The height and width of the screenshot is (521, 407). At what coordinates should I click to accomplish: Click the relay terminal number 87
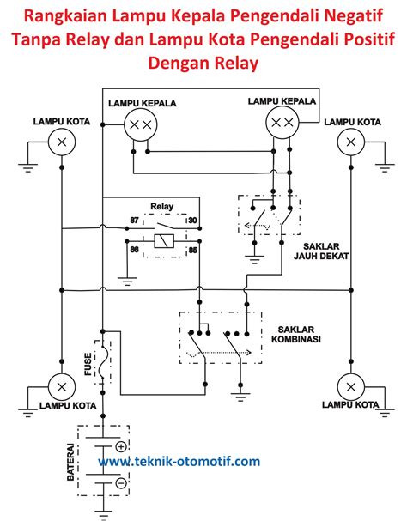click(x=135, y=221)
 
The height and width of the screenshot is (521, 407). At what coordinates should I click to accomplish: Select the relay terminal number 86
click(x=135, y=250)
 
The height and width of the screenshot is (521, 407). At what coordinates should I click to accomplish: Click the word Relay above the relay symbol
click(x=162, y=207)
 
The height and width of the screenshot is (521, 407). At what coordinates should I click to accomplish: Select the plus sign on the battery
click(x=121, y=446)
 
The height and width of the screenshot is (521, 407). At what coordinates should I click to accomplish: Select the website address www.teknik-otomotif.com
click(x=179, y=462)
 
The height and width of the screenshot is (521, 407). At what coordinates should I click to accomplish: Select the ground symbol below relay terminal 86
click(x=125, y=280)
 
